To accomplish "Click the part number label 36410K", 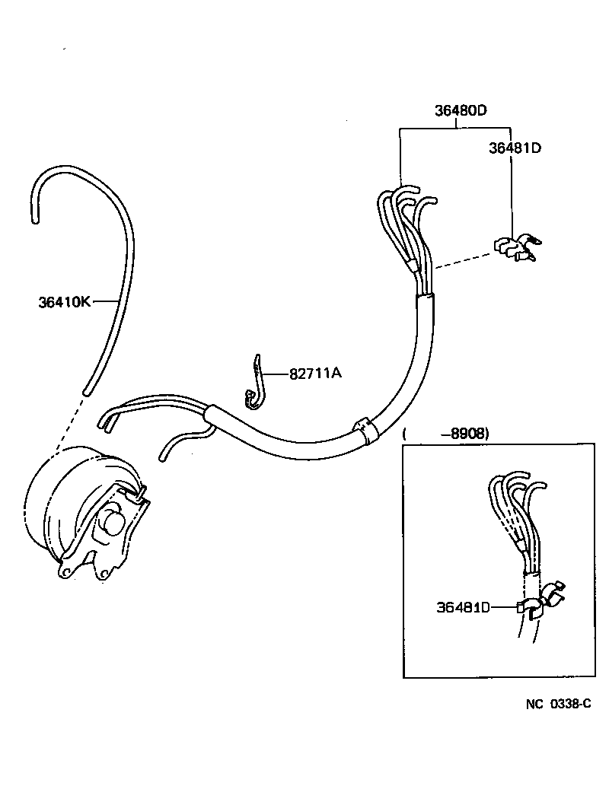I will pos(65,302).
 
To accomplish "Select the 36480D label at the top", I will pos(461,110).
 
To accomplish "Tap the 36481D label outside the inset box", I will pos(515,148).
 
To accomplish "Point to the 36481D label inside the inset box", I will pos(463,606).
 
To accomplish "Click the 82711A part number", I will pos(315,374).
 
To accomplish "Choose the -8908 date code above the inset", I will pos(468,434).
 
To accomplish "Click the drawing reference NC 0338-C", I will pos(558,704).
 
